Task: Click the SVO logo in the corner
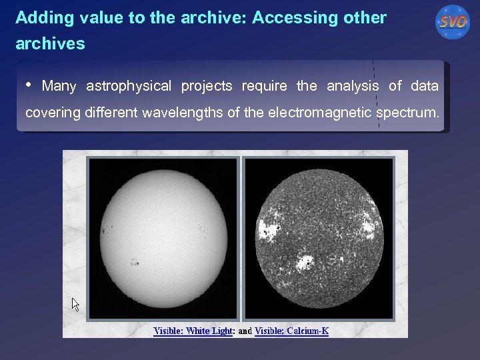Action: (453, 22)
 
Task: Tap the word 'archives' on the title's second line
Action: (50, 44)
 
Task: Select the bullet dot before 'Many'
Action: (29, 85)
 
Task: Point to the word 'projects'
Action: (207, 86)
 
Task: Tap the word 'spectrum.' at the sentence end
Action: (407, 113)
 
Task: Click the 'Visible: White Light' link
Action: (192, 331)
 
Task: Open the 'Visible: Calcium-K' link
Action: (291, 331)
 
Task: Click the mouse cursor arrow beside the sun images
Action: (75, 304)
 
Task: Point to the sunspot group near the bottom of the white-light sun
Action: (135, 262)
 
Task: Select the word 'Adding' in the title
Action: (39, 18)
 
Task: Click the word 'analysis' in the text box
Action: (353, 86)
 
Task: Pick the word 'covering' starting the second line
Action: (53, 113)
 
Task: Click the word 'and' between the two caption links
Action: (244, 331)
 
